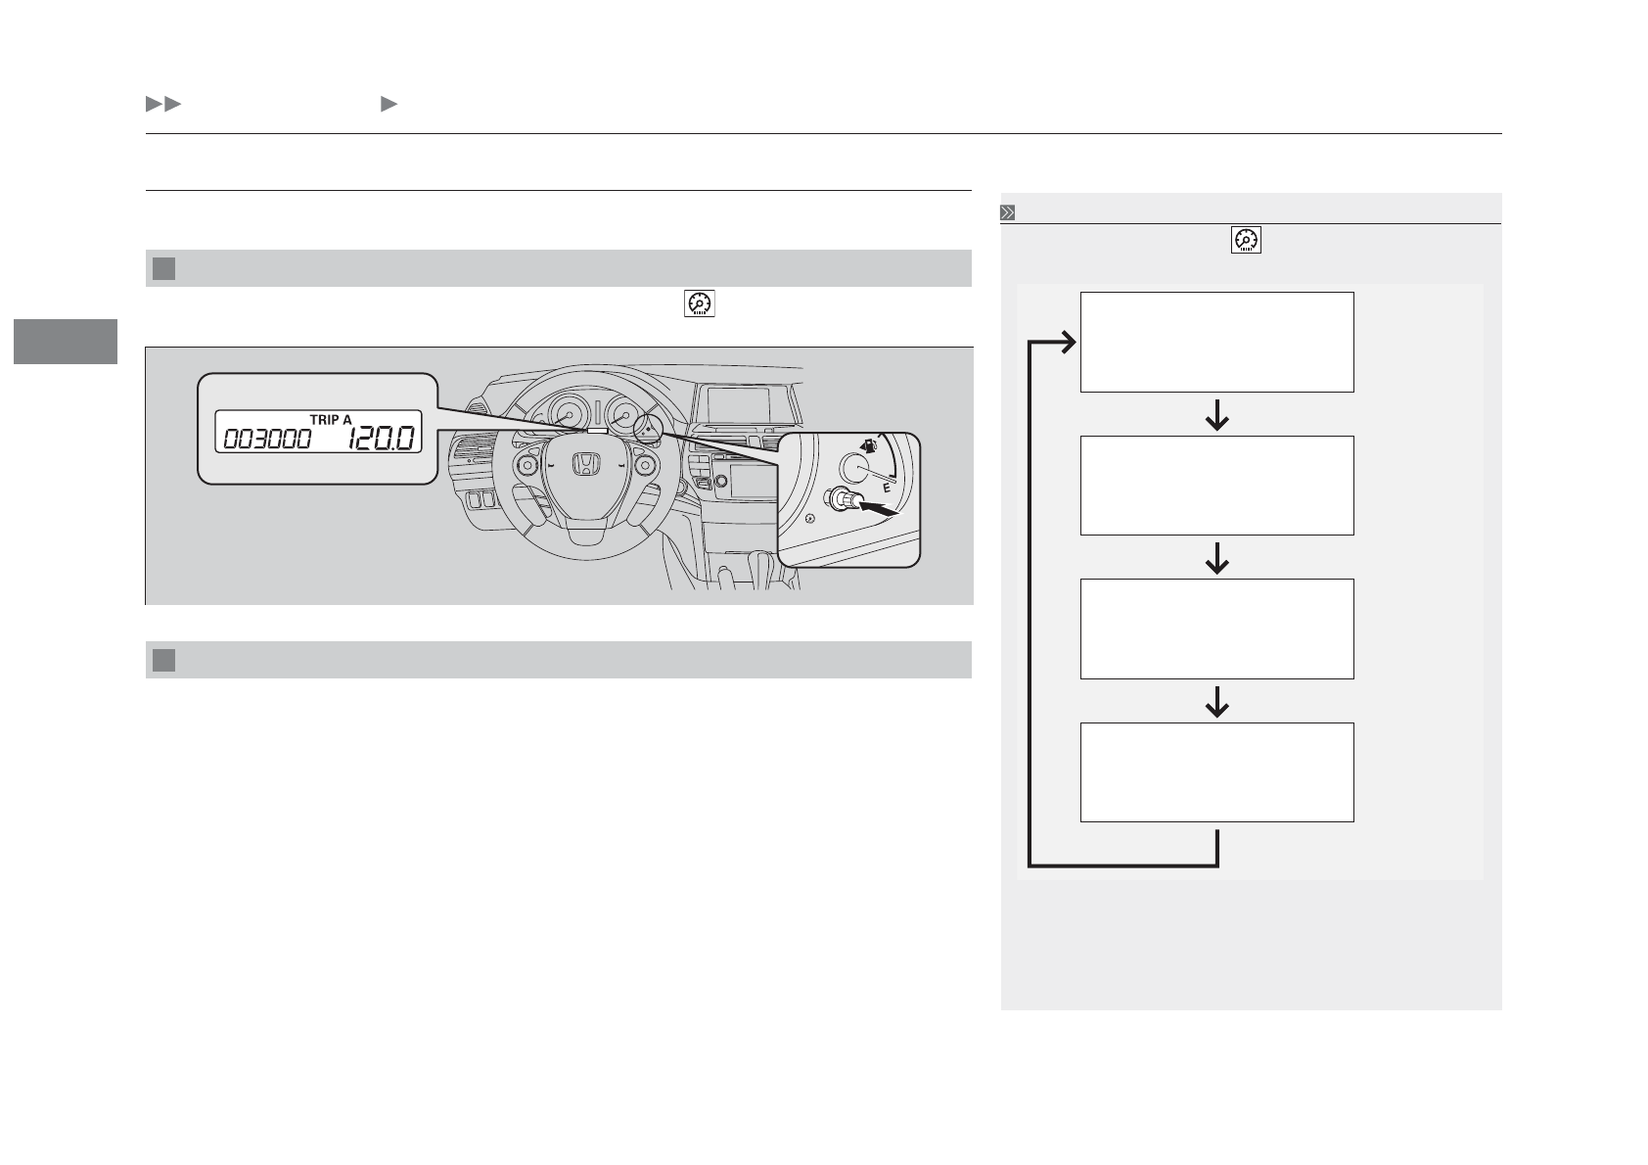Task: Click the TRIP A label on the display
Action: tap(331, 419)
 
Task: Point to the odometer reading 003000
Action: tap(267, 440)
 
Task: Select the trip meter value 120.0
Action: tap(381, 439)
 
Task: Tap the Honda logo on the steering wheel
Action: tap(586, 464)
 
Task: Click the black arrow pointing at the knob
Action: tap(879, 508)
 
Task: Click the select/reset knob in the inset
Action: tap(844, 500)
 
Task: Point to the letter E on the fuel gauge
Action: tap(887, 488)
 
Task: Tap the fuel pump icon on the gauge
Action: tap(869, 446)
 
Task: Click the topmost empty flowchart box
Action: tap(1216, 343)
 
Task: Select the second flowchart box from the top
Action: tap(1216, 486)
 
